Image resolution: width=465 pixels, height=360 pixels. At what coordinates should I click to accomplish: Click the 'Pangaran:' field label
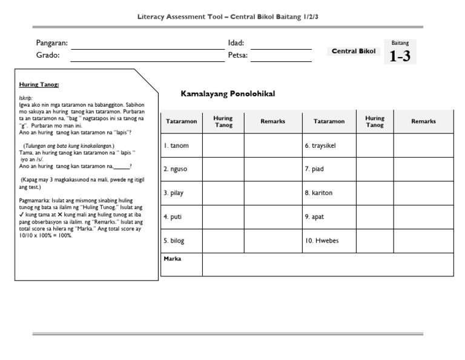pos(52,43)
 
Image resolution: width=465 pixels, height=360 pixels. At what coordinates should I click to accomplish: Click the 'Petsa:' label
pos(238,55)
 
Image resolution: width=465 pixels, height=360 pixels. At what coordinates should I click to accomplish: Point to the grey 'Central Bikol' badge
pos(354,52)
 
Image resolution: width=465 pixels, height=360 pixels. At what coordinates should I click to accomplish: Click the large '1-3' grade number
pos(400,56)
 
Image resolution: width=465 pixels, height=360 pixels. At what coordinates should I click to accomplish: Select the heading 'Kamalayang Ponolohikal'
pos(228,94)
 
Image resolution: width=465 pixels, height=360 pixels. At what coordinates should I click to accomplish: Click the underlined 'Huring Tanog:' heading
pos(39,85)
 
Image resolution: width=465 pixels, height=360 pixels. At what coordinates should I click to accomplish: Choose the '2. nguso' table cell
pos(181,170)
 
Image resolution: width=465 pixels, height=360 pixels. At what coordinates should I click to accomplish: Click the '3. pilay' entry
pos(181,193)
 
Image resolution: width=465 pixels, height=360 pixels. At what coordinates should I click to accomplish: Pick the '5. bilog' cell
pos(181,241)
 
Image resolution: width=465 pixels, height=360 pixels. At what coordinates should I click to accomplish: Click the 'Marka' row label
pos(173,259)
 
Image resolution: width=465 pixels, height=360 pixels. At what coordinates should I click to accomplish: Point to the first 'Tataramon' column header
pos(181,121)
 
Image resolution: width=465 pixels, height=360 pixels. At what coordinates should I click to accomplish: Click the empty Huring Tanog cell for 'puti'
pos(223,216)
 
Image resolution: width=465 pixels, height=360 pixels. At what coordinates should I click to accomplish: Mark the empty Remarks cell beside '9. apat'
pos(423,216)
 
